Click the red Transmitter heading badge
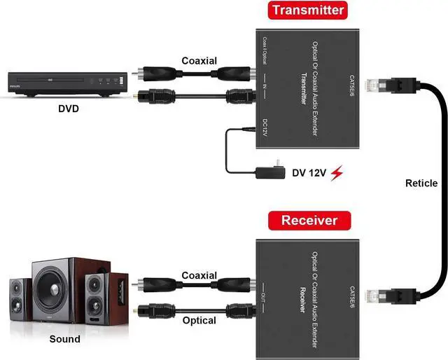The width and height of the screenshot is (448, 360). coord(308,11)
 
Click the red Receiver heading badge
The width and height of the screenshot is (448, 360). coord(309,221)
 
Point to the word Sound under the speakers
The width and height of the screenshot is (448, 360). coord(64,339)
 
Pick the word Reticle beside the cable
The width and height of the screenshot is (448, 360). coord(421,184)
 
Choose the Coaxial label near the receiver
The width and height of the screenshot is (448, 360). coord(199,275)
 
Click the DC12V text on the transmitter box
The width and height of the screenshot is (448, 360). coord(266,131)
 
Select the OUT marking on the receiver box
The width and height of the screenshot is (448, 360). coord(267,288)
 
